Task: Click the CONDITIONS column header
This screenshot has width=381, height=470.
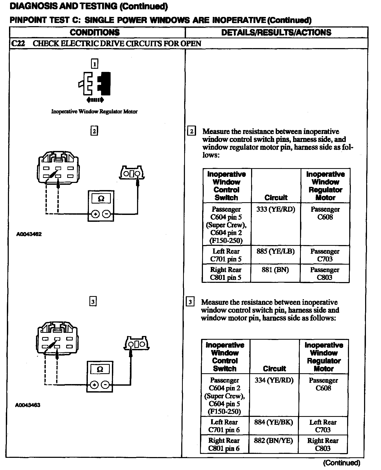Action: click(x=95, y=33)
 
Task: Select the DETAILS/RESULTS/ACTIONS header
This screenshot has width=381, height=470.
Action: click(x=276, y=33)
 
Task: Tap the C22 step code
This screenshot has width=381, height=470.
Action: click(x=18, y=43)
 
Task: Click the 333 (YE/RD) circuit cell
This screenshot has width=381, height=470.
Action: click(x=275, y=209)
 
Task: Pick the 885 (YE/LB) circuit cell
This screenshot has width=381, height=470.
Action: click(x=275, y=251)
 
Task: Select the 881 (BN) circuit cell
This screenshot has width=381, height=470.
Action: click(x=275, y=270)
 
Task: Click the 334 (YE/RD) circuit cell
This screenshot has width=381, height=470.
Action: click(x=274, y=380)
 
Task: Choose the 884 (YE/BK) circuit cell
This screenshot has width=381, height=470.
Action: click(x=274, y=422)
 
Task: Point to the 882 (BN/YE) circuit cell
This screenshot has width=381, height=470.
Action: click(x=274, y=440)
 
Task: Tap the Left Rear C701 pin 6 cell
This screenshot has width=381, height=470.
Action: click(x=224, y=426)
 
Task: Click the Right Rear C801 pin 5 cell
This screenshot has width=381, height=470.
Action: click(x=226, y=274)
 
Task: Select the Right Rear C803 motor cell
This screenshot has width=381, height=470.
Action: click(x=323, y=444)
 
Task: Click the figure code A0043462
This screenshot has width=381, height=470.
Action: click(x=29, y=234)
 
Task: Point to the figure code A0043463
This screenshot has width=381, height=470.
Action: click(x=28, y=405)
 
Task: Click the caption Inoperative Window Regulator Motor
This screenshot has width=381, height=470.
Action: click(x=94, y=112)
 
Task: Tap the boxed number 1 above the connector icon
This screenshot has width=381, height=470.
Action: click(x=94, y=64)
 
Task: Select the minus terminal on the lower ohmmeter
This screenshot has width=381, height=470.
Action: click(x=105, y=385)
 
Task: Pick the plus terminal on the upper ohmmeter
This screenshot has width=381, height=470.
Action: click(x=96, y=214)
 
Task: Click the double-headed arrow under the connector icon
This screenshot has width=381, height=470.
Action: click(x=95, y=100)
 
